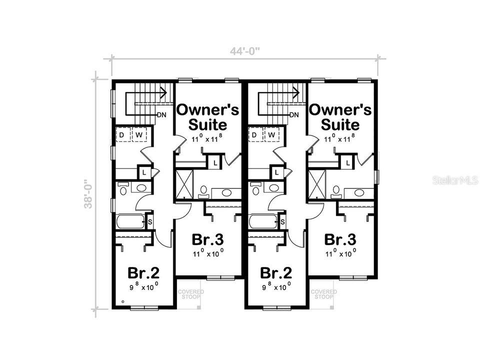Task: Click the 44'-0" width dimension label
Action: (x=245, y=50)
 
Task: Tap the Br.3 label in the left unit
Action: (x=208, y=239)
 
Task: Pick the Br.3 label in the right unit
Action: (x=340, y=239)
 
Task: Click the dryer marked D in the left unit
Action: (x=122, y=135)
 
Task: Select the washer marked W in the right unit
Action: (x=271, y=135)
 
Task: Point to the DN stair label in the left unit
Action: (x=161, y=115)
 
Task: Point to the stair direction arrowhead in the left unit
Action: (x=163, y=91)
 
